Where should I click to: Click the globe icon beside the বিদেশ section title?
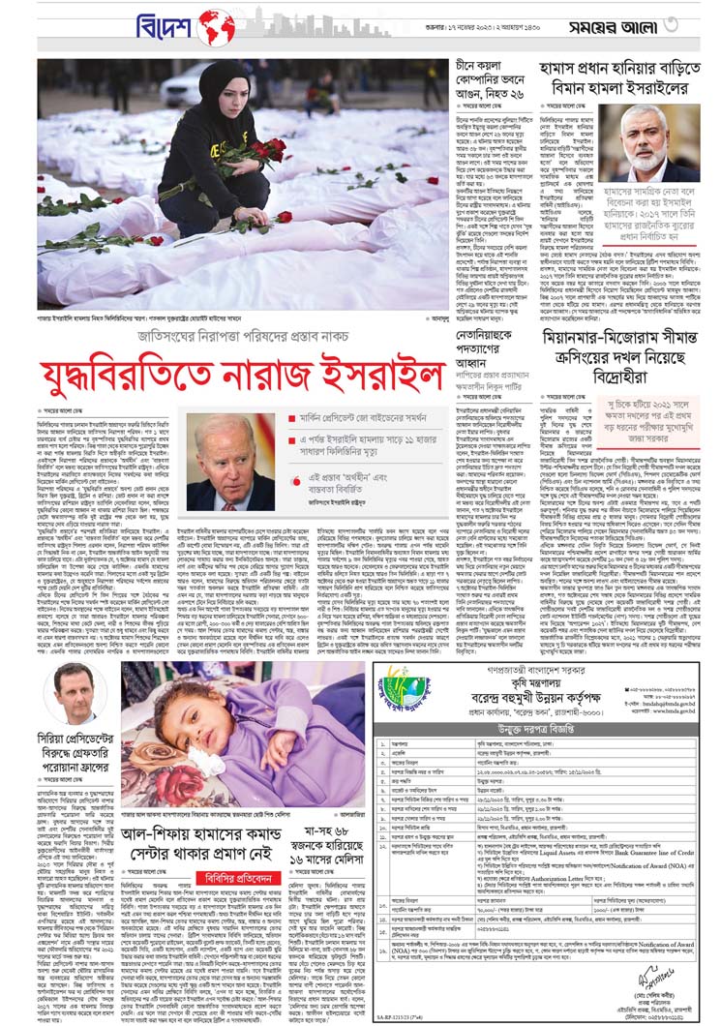pyautogui.click(x=215, y=26)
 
